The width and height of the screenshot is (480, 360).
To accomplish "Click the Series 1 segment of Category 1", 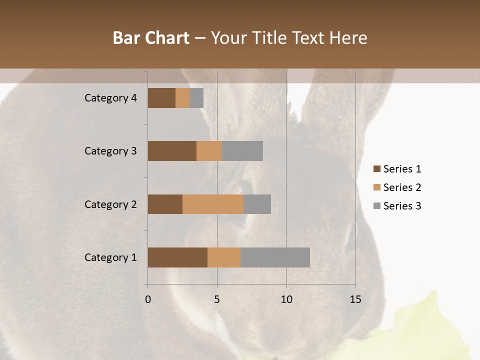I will (177, 257).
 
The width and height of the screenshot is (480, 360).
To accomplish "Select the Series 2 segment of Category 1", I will (224, 257).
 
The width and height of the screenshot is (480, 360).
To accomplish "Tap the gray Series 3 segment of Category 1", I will (275, 257).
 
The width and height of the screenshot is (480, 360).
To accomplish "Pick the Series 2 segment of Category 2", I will (213, 204).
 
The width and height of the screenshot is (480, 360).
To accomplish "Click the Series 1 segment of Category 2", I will (165, 204).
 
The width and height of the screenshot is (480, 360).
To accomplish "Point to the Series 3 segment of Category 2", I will (257, 204).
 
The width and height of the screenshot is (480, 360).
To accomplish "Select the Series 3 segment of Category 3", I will (242, 151).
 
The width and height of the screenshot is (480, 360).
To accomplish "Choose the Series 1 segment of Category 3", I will (172, 151).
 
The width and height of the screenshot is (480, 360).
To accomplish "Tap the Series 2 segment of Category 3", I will (209, 151).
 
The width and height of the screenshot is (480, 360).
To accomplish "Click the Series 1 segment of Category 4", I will (161, 98).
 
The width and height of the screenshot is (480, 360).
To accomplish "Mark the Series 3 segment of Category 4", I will (196, 98).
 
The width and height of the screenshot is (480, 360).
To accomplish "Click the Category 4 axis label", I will (110, 98).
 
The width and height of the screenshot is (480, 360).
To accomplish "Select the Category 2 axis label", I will (110, 204).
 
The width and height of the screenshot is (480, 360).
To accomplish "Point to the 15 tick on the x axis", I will (355, 299).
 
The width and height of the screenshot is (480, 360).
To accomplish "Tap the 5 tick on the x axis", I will (217, 299).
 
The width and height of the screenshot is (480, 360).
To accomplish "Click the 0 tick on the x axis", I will (148, 299).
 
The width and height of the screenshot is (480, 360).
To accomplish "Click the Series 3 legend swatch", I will (376, 206).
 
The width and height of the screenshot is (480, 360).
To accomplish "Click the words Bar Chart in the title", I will (151, 38).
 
